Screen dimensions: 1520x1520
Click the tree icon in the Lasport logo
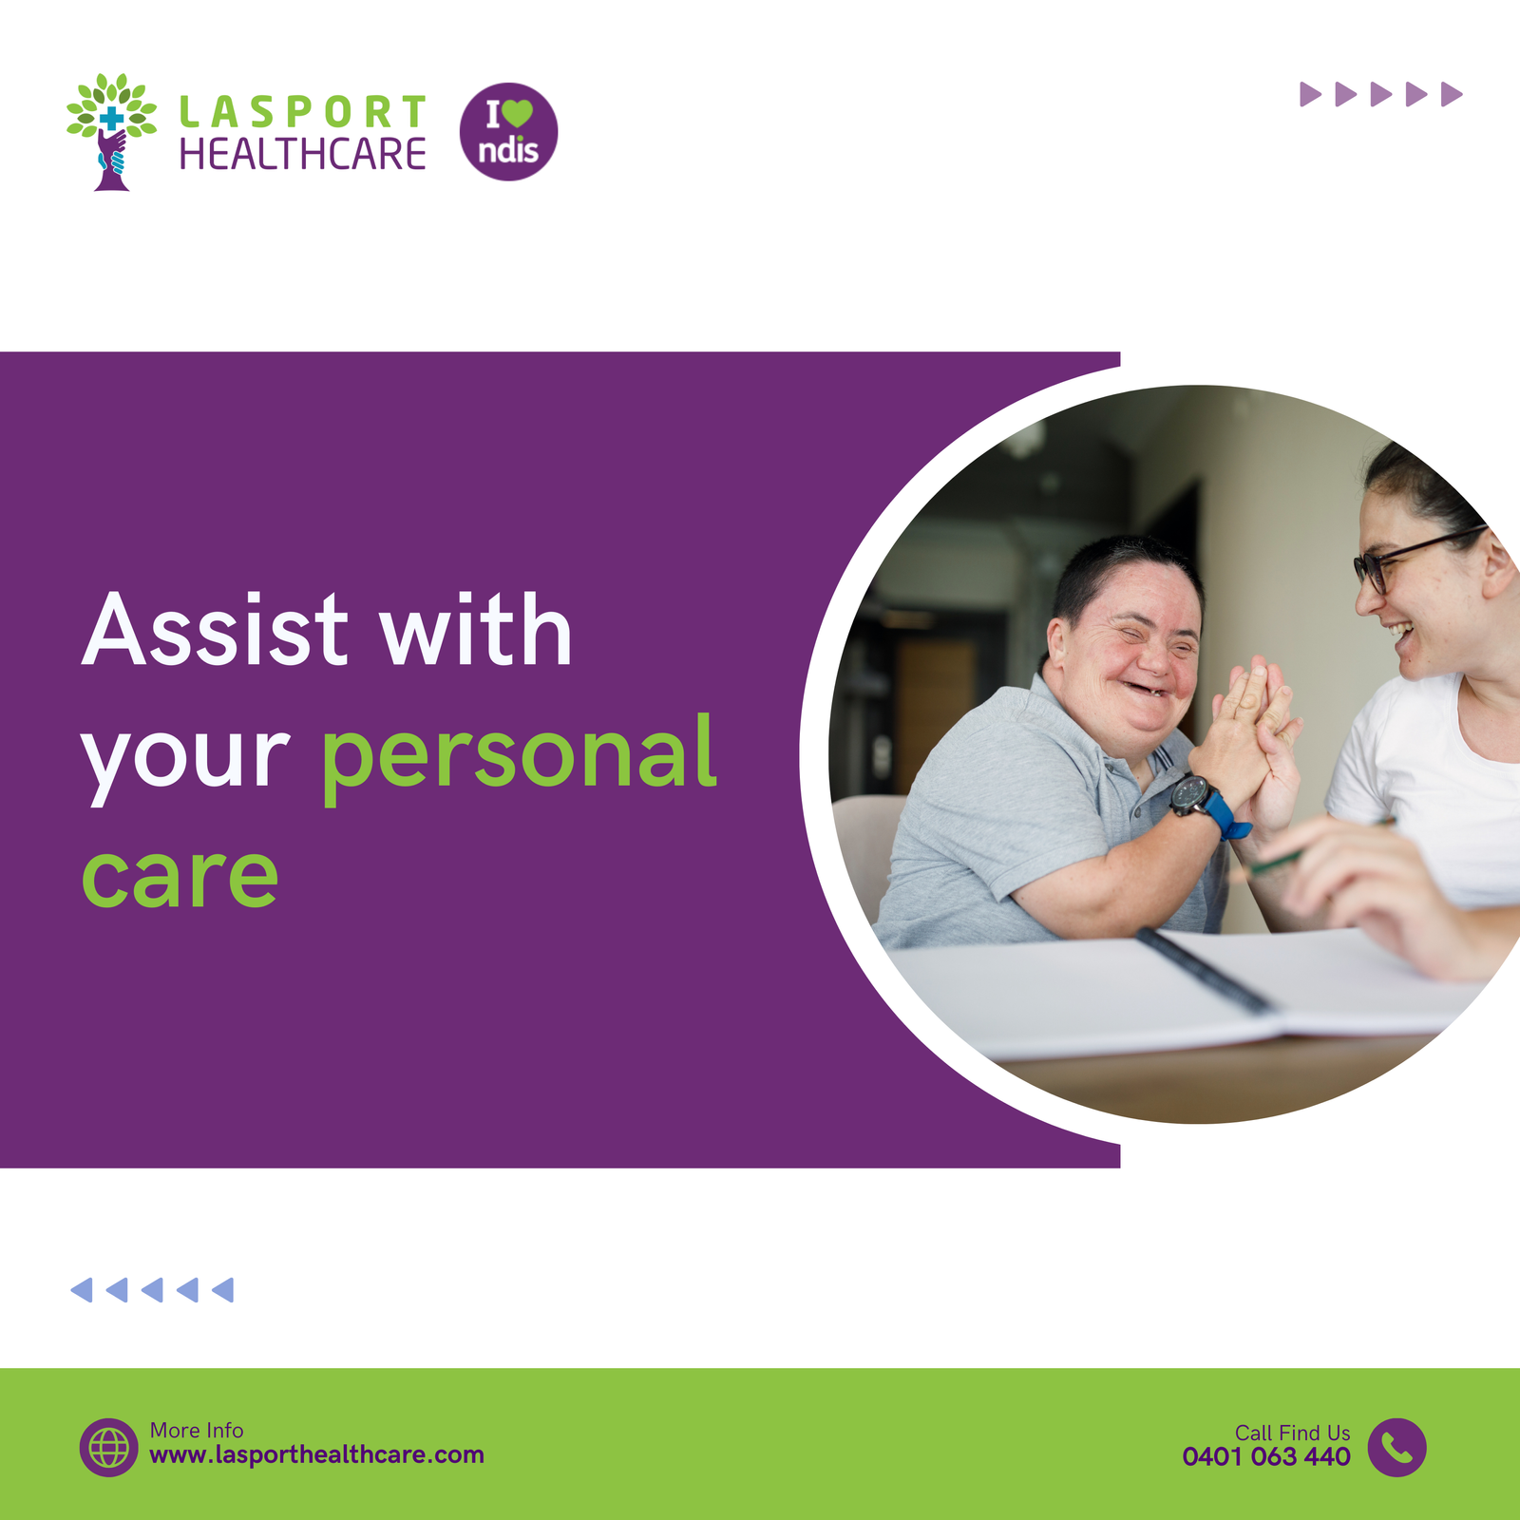point(111,131)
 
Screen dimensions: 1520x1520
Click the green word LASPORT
point(303,112)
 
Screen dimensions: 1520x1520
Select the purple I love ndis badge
point(508,131)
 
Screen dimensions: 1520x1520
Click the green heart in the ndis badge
point(518,114)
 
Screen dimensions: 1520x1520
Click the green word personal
point(519,755)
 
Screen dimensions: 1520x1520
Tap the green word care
point(180,876)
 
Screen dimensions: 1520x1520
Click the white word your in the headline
point(185,760)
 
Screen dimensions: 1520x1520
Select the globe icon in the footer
point(108,1447)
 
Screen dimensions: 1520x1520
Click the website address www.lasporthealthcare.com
point(316,1454)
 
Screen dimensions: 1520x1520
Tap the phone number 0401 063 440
point(1266,1456)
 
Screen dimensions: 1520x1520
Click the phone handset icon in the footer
point(1396,1447)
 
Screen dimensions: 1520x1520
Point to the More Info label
point(197,1430)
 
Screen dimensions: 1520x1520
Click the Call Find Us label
point(1292,1433)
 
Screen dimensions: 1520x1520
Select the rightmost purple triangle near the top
point(1452,94)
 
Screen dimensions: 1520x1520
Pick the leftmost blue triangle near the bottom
point(82,1289)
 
